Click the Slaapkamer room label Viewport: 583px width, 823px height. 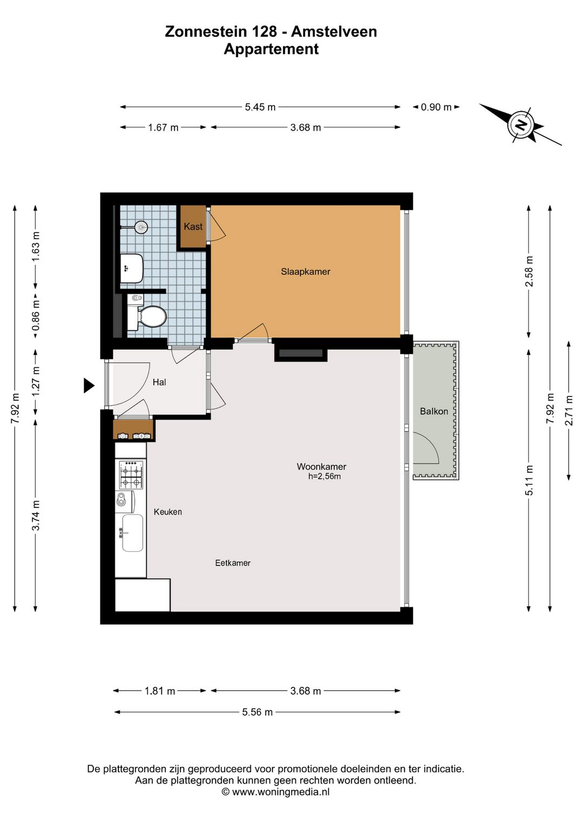coord(306,272)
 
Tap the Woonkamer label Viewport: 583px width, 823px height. coord(322,467)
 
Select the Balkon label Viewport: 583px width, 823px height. coord(434,411)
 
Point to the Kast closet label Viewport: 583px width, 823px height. coord(193,227)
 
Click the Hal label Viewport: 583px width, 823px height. coord(159,382)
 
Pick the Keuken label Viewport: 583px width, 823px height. coord(168,512)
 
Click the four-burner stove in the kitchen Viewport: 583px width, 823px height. coord(131,475)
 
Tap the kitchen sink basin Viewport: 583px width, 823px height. coord(132,533)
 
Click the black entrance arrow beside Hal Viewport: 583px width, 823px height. coord(89,386)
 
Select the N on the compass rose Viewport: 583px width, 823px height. coord(520,125)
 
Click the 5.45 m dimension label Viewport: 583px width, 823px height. coord(260,107)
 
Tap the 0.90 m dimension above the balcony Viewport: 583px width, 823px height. coord(436,107)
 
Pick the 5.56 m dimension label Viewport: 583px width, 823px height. coord(257,712)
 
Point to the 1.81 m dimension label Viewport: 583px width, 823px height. coord(160,691)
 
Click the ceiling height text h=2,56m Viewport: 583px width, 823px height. coord(324,477)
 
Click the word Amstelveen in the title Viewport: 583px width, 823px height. coord(334,32)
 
